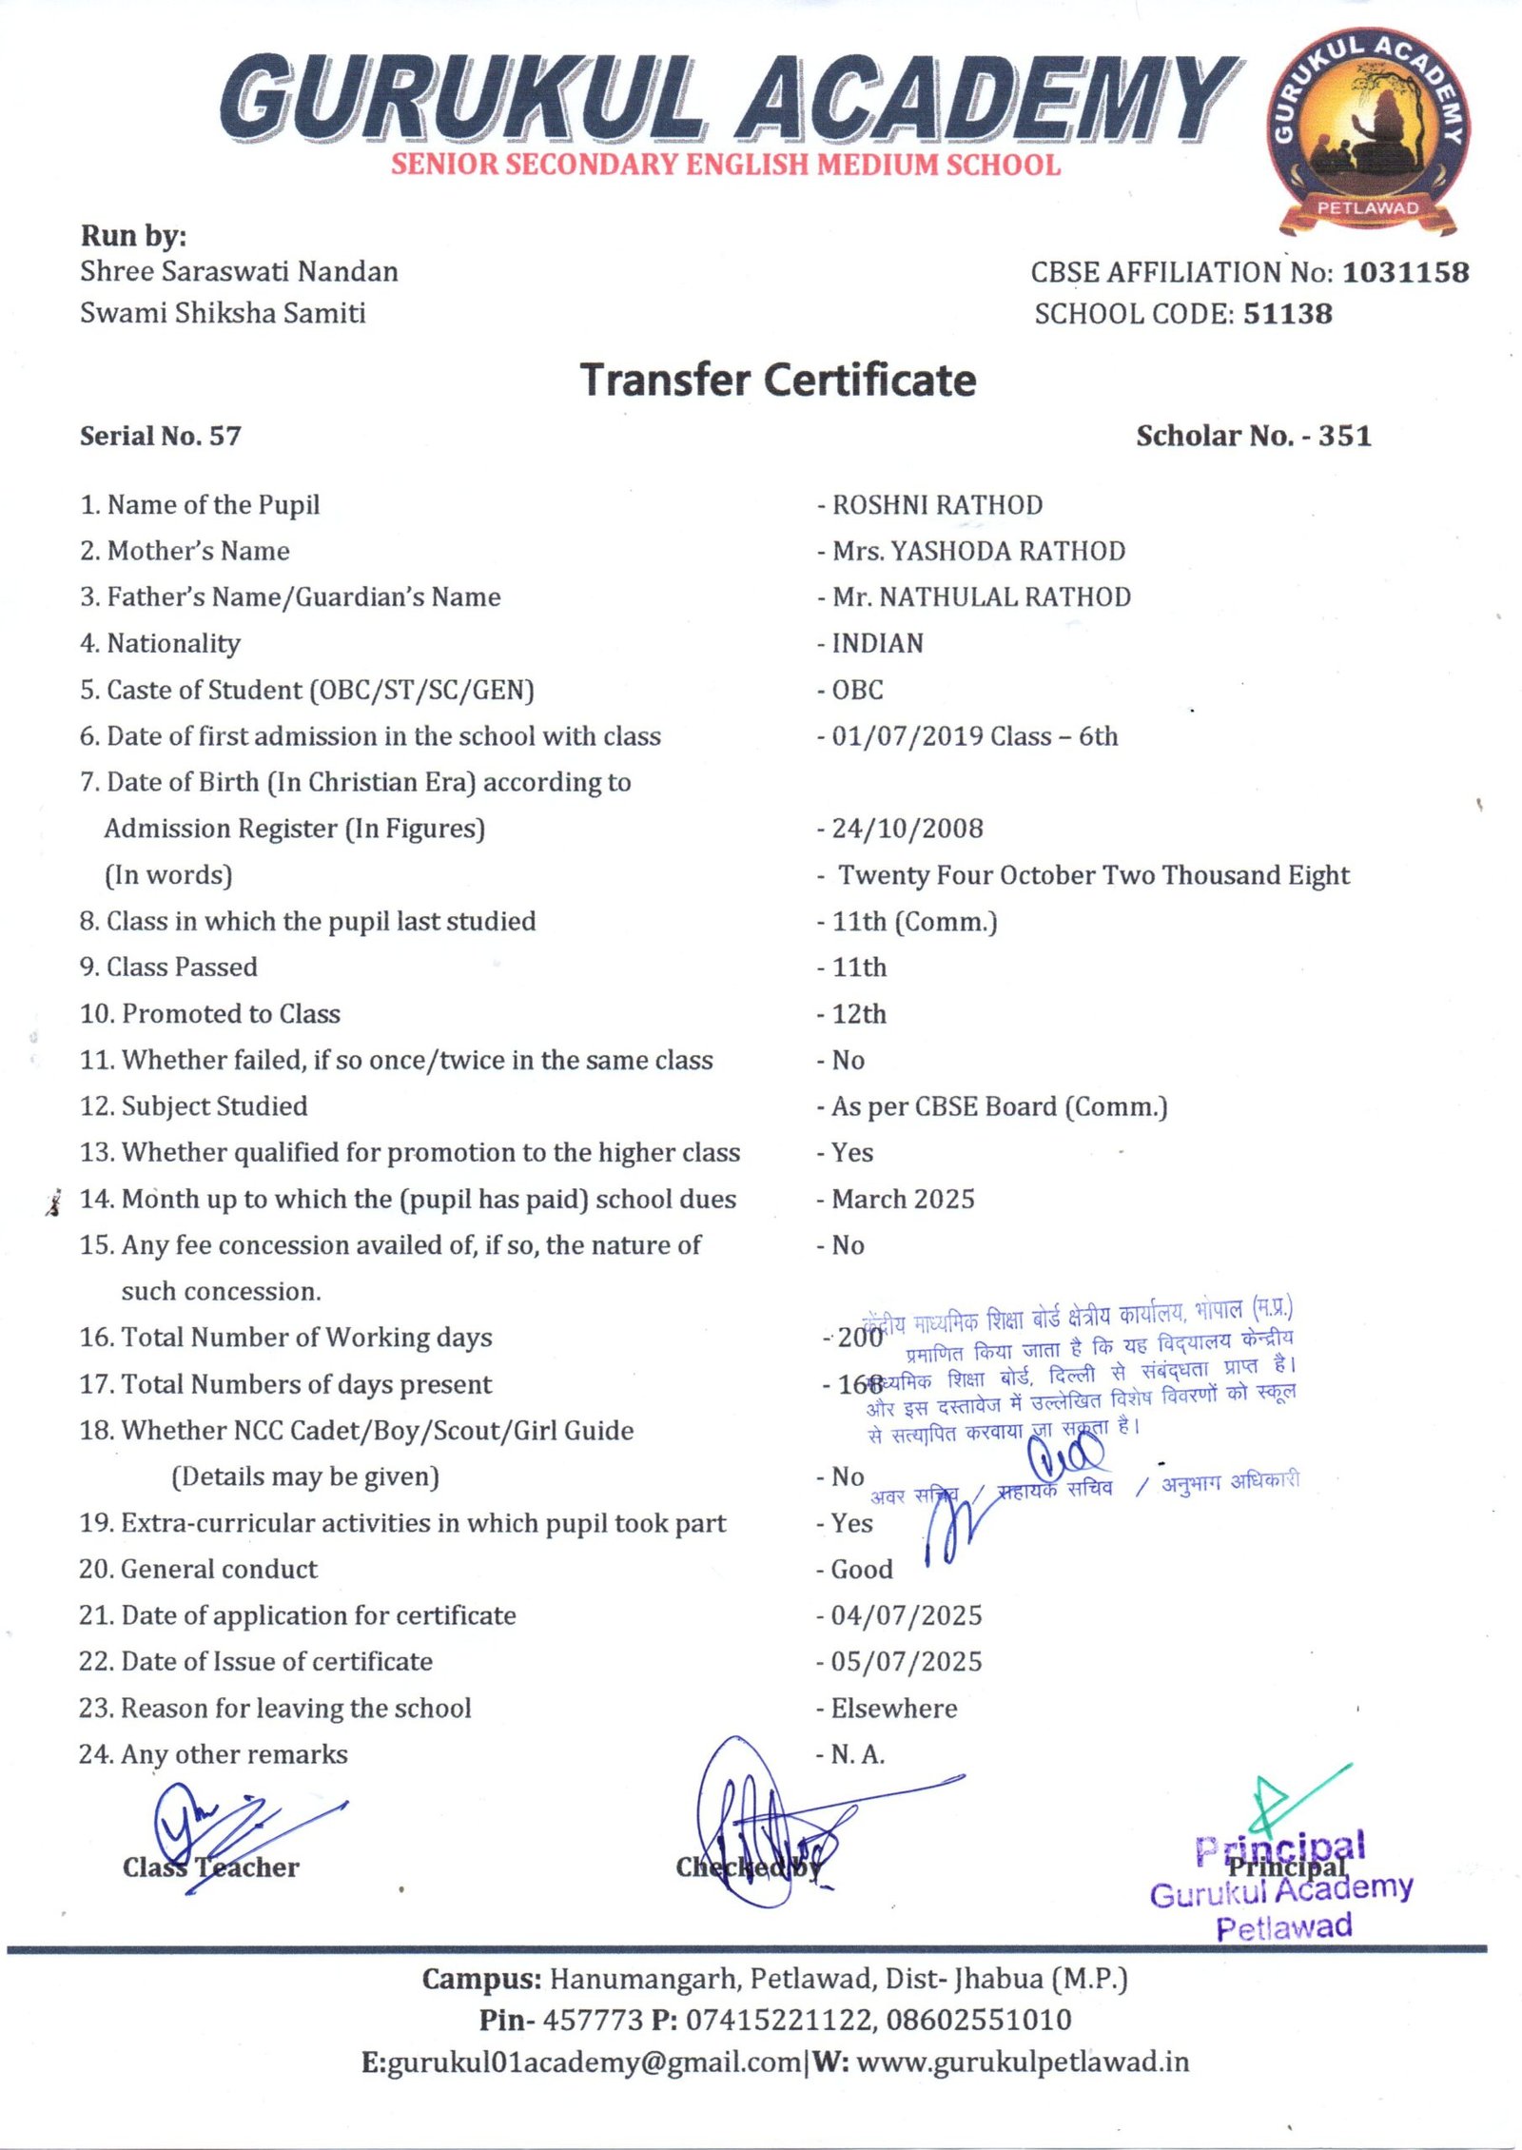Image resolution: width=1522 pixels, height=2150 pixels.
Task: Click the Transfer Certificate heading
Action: [x=778, y=380]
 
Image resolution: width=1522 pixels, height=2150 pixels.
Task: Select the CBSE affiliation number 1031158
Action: [x=1405, y=273]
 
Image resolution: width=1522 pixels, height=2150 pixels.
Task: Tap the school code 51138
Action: [x=1287, y=314]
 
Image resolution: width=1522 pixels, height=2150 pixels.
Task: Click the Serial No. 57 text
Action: [x=160, y=436]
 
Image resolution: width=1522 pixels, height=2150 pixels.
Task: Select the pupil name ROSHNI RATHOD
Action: [x=937, y=505]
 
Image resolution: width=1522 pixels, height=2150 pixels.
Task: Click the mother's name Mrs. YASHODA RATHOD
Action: [x=978, y=551]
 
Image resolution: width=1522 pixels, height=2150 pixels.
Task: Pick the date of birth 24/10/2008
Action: [x=907, y=829]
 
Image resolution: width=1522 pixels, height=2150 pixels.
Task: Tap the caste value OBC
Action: [x=857, y=690]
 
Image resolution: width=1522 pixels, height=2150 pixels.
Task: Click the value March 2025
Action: [x=903, y=1199]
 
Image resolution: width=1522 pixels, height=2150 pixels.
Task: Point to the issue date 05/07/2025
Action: [x=906, y=1662]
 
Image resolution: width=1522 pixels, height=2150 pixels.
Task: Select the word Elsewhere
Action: [x=894, y=1709]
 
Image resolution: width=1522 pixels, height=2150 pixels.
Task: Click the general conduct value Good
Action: [x=862, y=1570]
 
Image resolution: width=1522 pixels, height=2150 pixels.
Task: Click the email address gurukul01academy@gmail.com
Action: [x=595, y=2062]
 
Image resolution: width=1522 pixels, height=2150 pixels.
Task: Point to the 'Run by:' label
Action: [x=133, y=236]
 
